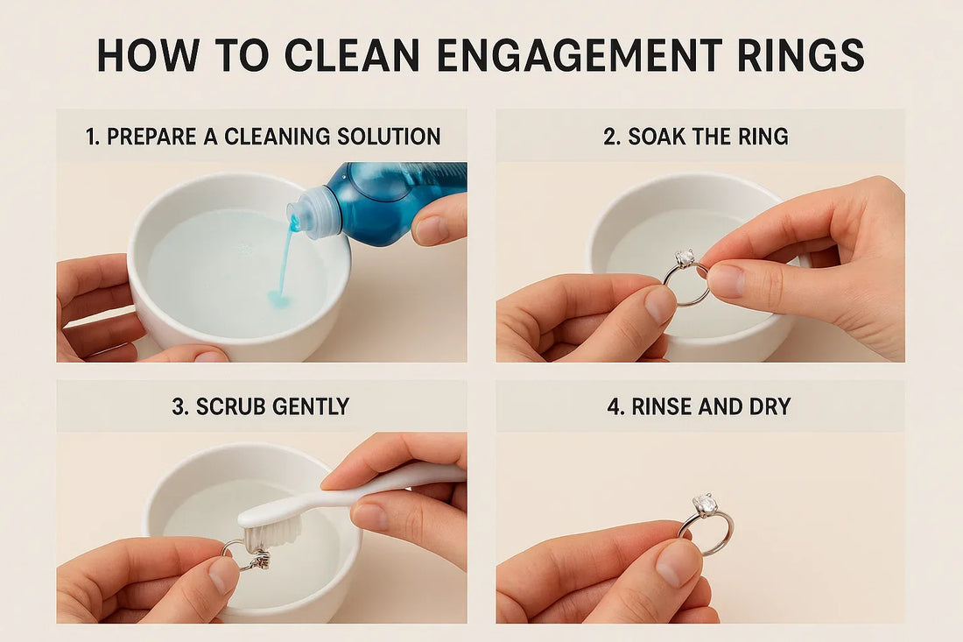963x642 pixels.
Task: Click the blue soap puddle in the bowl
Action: point(279,300)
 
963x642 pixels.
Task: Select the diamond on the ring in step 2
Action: point(685,258)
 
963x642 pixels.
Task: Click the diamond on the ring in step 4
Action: point(706,505)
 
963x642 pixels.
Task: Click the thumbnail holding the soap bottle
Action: point(431,230)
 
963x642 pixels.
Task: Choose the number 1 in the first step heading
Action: point(92,137)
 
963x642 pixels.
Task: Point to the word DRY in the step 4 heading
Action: point(770,406)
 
